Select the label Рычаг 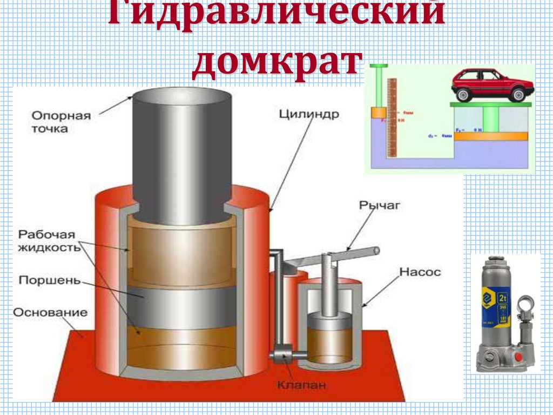[373, 205]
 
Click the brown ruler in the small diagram [393, 116]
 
